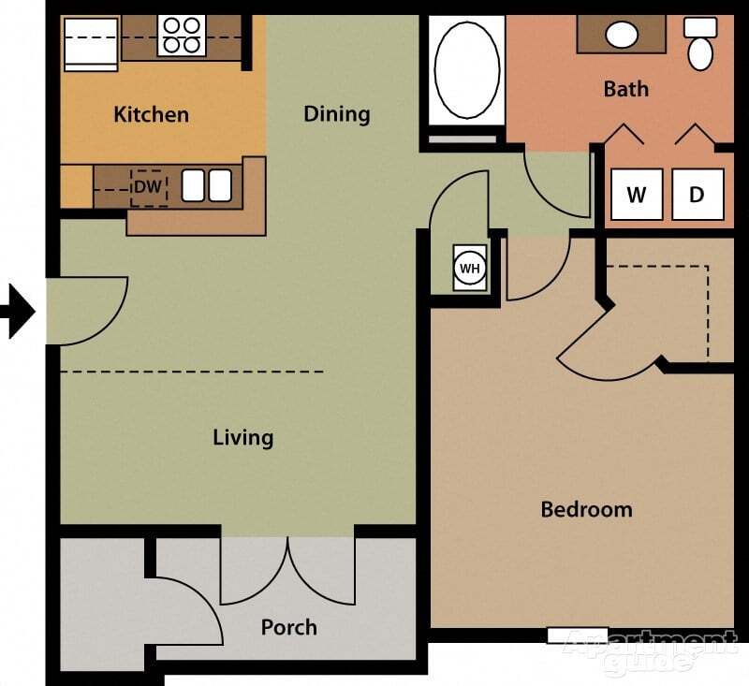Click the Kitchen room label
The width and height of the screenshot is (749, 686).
[151, 115]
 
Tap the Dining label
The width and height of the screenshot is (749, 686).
[337, 114]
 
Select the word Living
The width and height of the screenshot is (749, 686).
[242, 437]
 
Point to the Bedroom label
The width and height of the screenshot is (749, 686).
[586, 510]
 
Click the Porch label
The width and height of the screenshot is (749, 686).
[288, 627]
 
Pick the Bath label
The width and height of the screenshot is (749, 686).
[625, 89]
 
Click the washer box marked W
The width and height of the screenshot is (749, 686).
[637, 195]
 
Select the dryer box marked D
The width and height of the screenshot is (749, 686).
[698, 195]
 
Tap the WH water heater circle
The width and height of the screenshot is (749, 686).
[469, 269]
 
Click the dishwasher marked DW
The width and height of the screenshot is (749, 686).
[147, 187]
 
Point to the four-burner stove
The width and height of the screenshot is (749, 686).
[181, 36]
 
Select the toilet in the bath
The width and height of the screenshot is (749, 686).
[700, 44]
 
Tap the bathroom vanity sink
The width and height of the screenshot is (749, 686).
[621, 36]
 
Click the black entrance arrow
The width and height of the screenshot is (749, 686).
[18, 312]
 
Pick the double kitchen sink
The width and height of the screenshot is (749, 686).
[206, 185]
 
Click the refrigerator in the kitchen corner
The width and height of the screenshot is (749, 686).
[90, 43]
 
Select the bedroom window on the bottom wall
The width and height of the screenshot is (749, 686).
[577, 635]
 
